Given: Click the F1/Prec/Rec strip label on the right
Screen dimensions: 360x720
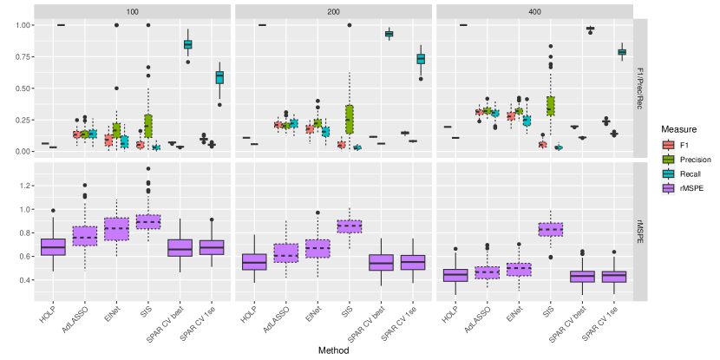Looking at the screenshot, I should [x=642, y=87].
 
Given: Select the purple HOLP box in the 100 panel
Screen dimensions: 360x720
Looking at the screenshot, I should [x=53, y=247].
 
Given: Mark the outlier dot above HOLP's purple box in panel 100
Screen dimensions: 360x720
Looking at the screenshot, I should [x=53, y=210].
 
